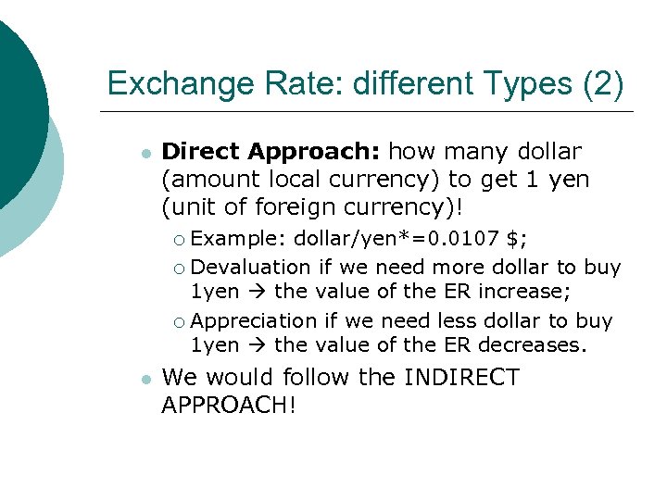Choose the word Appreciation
(x=253, y=320)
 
